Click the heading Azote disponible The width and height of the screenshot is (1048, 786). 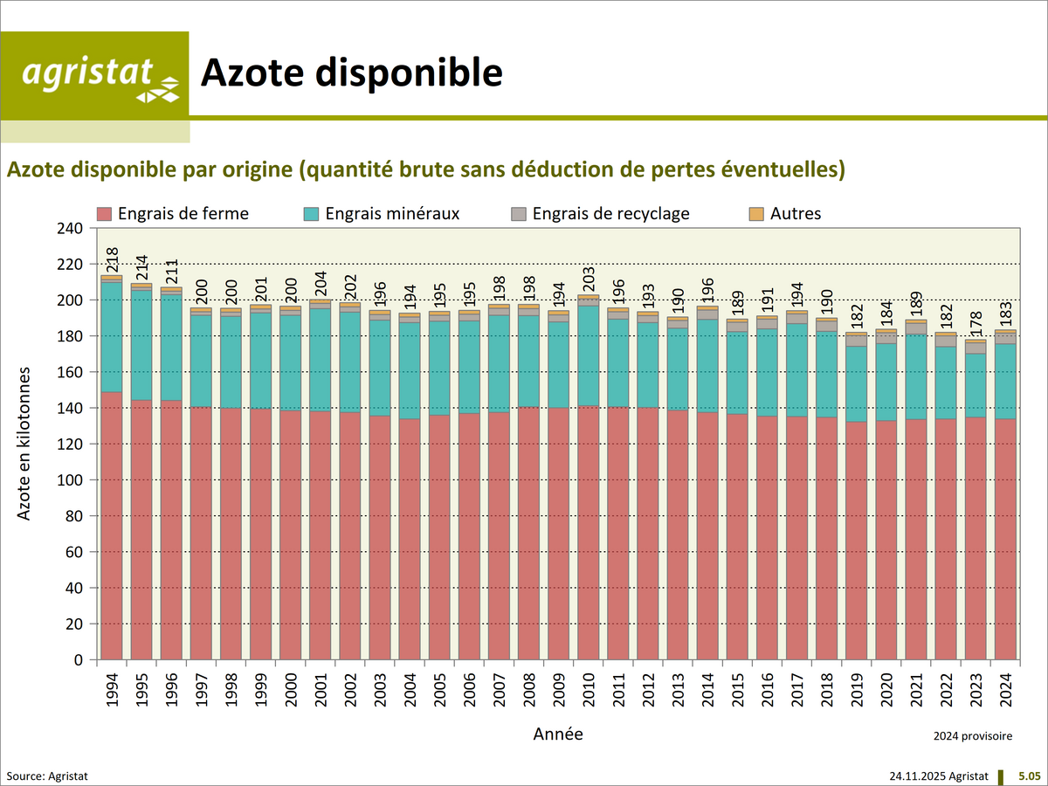(352, 73)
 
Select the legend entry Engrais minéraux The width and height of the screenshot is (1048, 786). (391, 213)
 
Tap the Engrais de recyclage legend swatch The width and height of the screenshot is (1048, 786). (518, 213)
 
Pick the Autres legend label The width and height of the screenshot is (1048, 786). (796, 213)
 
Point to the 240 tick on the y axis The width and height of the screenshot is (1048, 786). (69, 229)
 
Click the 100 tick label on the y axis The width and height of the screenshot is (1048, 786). (69, 480)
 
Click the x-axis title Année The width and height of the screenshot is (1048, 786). (558, 734)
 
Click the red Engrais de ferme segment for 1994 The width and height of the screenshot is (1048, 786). (111, 524)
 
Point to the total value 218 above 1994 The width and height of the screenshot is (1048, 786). (112, 260)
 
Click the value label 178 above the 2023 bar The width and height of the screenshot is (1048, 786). (976, 324)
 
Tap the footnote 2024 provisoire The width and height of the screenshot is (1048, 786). (973, 736)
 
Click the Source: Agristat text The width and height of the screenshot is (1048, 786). (47, 776)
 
